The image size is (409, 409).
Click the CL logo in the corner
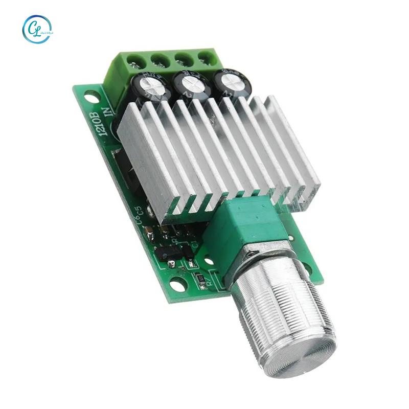point(37,29)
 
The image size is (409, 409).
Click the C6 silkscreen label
point(139,219)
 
